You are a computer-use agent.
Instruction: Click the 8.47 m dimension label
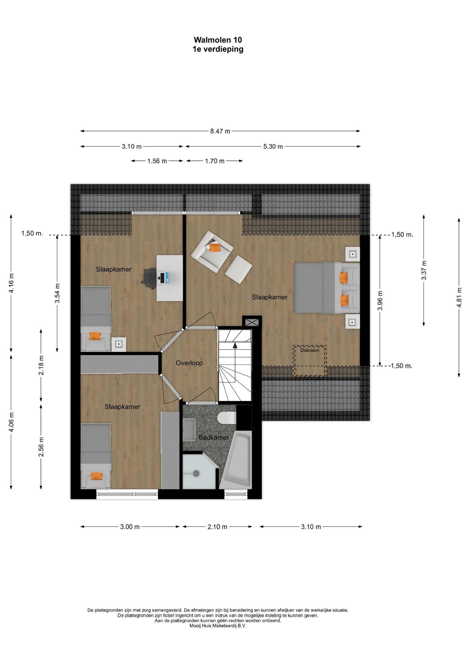click(x=220, y=131)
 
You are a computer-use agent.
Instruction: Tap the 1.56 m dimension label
click(x=157, y=161)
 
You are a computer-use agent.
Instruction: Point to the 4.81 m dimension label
click(x=459, y=297)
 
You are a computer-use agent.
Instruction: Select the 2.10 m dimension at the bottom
click(x=217, y=527)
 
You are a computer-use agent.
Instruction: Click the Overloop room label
click(x=189, y=363)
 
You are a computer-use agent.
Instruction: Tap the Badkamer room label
click(x=214, y=437)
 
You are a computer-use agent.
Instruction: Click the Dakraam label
click(x=310, y=350)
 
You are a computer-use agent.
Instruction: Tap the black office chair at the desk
click(x=150, y=278)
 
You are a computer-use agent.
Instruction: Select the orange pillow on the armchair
click(x=215, y=247)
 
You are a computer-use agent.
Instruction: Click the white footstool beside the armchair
click(x=239, y=270)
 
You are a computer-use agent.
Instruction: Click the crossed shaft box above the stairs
click(x=252, y=322)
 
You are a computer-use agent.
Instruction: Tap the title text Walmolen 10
click(x=218, y=40)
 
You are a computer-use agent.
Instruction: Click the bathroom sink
click(x=189, y=430)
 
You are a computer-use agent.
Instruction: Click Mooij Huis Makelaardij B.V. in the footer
click(x=218, y=626)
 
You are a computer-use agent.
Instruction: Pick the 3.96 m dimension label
click(x=380, y=300)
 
